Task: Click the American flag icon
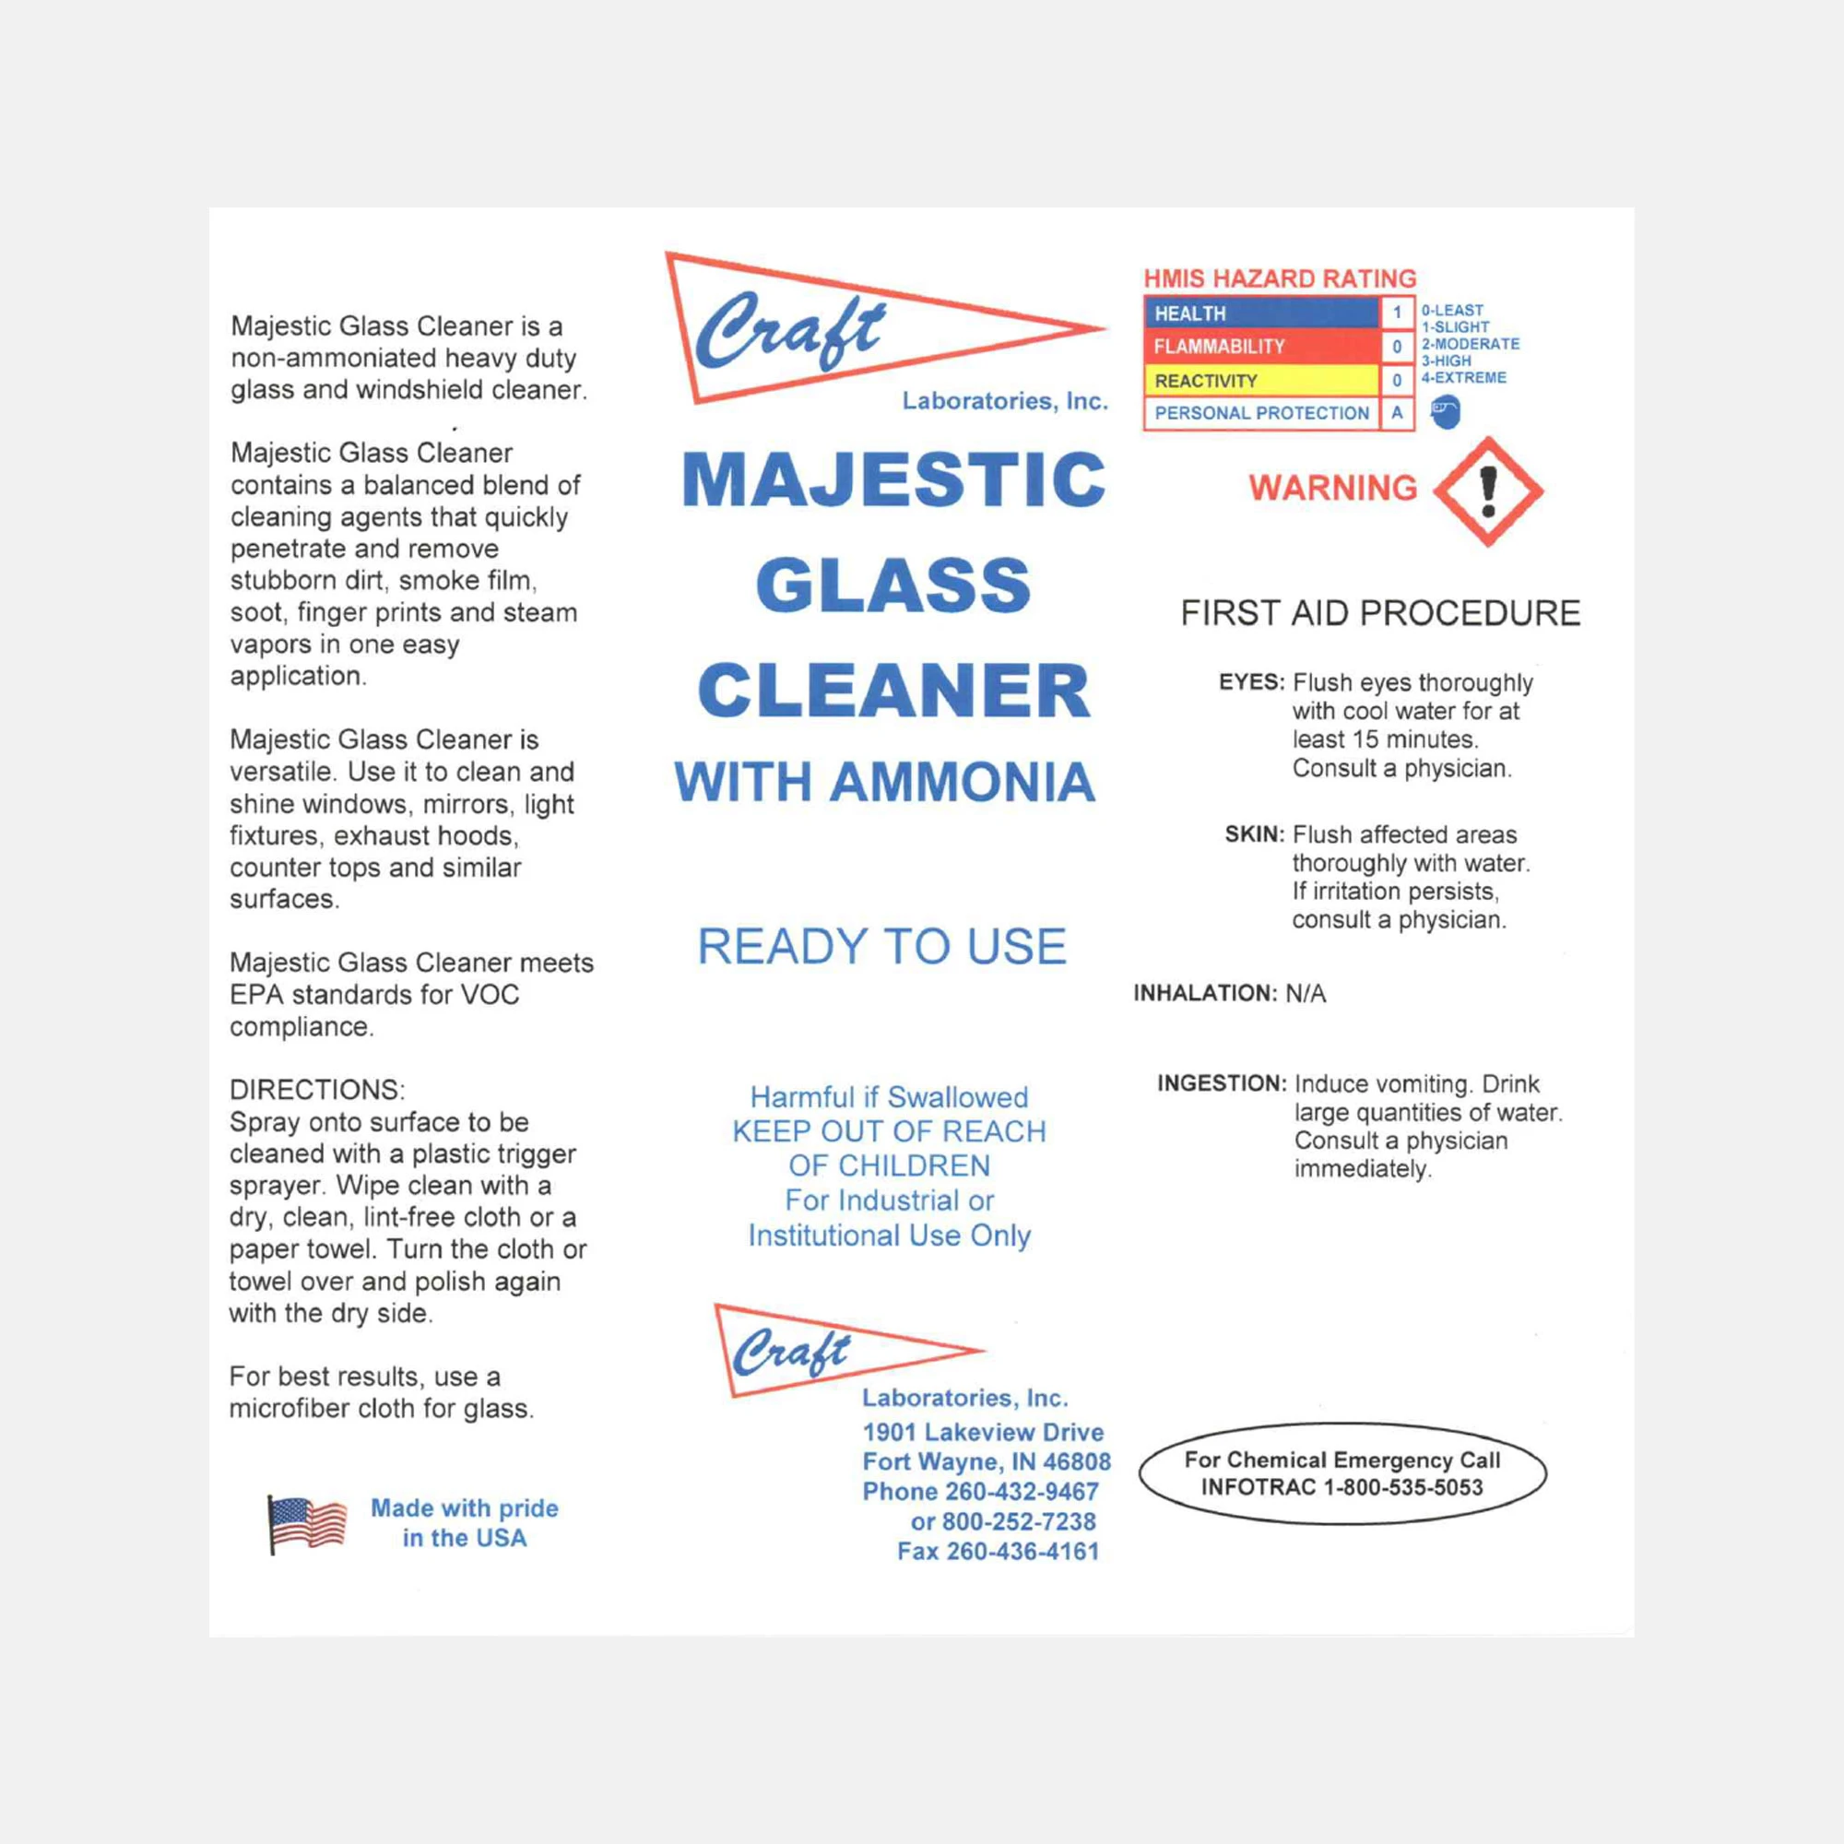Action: pos(307,1523)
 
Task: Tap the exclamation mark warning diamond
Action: pos(1487,491)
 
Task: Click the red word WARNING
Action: pos(1333,488)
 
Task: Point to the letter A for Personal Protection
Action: pos(1396,413)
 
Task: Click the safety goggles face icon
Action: pos(1446,412)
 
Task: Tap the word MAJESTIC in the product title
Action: pos(893,479)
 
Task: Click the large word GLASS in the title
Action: pos(893,585)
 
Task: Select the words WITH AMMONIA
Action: pos(885,783)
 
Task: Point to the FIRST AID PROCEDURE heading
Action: pos(1380,613)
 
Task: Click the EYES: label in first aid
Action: pos(1251,682)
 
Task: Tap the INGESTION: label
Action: pos(1222,1083)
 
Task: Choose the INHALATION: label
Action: pos(1204,994)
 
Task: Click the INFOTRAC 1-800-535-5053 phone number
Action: pos(1342,1487)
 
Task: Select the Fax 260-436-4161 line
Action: pos(998,1551)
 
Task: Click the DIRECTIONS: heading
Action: pos(317,1090)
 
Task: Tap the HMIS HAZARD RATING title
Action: pos(1280,278)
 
